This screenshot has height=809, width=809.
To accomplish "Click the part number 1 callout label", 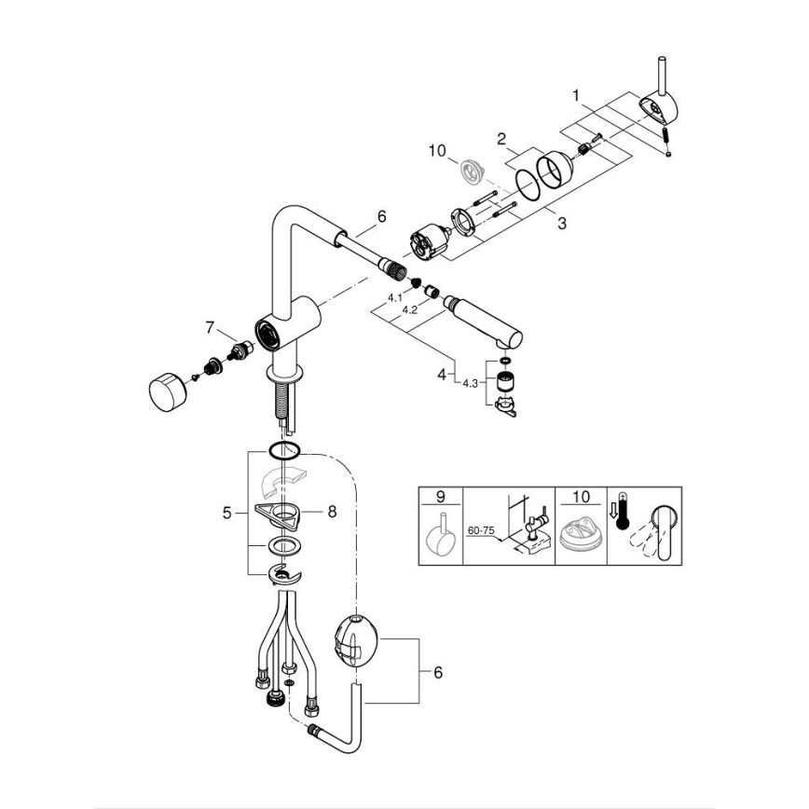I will point(577,95).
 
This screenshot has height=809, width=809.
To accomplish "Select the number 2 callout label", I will point(500,140).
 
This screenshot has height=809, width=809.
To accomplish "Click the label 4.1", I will point(394,298).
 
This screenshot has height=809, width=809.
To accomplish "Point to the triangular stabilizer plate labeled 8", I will point(280,512).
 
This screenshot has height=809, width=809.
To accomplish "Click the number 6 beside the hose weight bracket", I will point(438,672).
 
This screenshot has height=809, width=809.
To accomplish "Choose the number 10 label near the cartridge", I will point(438,150).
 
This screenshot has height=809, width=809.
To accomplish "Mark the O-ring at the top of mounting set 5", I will point(283,451).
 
